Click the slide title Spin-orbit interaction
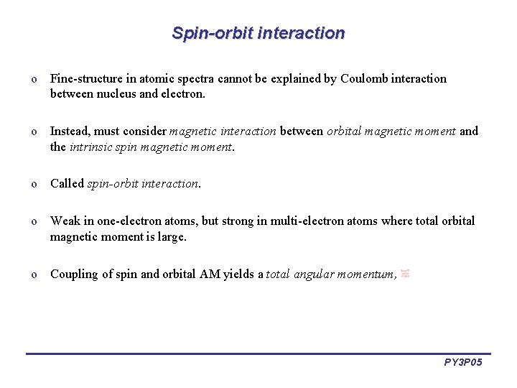click(x=258, y=33)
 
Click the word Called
click(x=67, y=184)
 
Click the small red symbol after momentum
click(x=406, y=273)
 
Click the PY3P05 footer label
click(x=463, y=362)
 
